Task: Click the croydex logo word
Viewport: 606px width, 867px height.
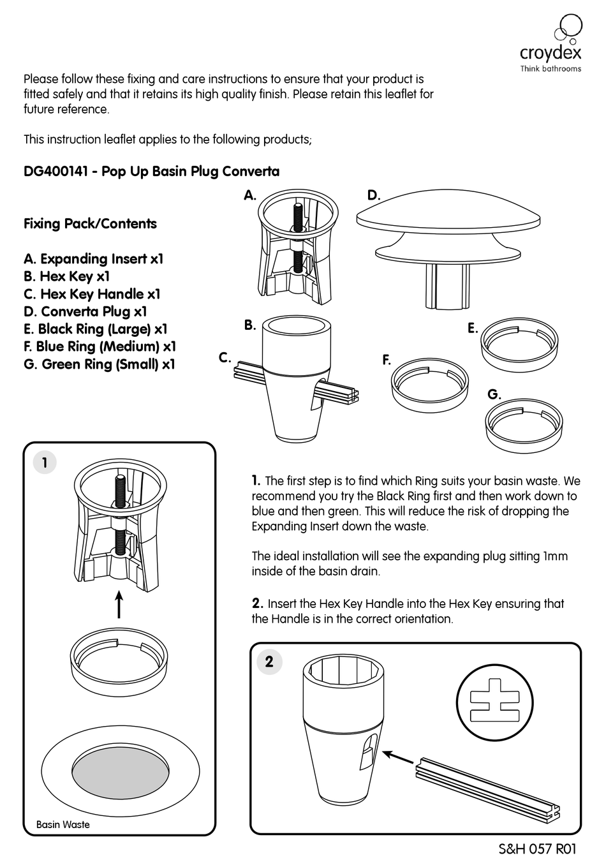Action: pyautogui.click(x=550, y=52)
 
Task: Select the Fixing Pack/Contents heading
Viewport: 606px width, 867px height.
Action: pyautogui.click(x=90, y=224)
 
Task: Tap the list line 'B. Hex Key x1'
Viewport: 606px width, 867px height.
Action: pyautogui.click(x=66, y=276)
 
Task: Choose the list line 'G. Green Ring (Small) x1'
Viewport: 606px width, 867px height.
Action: pyautogui.click(x=99, y=364)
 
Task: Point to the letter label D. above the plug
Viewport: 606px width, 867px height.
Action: pyautogui.click(x=374, y=196)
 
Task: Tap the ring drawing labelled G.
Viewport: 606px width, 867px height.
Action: pyautogui.click(x=524, y=426)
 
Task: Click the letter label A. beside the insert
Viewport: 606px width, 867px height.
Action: pyautogui.click(x=250, y=196)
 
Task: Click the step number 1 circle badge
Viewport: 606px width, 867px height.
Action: pyautogui.click(x=45, y=463)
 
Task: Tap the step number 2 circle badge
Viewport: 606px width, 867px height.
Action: pyautogui.click(x=269, y=662)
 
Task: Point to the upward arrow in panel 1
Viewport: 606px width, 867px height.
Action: pyautogui.click(x=119, y=604)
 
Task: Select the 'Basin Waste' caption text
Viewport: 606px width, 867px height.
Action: pyautogui.click(x=63, y=824)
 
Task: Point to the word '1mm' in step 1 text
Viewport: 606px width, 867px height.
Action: pyautogui.click(x=555, y=556)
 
